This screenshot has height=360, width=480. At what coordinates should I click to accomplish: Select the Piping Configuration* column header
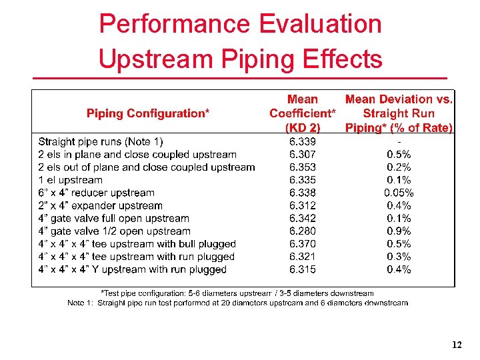pyautogui.click(x=148, y=113)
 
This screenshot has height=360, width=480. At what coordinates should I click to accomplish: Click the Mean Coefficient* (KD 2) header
pyautogui.click(x=302, y=113)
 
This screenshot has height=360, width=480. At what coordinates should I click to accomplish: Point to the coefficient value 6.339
pyautogui.click(x=303, y=141)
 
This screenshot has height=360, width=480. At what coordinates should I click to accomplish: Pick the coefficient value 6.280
pyautogui.click(x=303, y=231)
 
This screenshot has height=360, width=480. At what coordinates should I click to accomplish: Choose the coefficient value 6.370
pyautogui.click(x=303, y=244)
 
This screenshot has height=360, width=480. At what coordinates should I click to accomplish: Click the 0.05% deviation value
pyautogui.click(x=399, y=193)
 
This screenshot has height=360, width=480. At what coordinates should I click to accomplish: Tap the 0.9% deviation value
pyautogui.click(x=399, y=231)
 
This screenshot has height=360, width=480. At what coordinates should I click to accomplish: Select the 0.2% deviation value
pyautogui.click(x=399, y=167)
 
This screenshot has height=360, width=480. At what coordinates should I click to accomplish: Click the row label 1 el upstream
pyautogui.click(x=71, y=180)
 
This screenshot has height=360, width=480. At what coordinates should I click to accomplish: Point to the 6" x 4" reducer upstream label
pyautogui.click(x=97, y=193)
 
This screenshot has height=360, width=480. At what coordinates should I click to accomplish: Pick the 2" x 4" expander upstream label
pyautogui.click(x=101, y=205)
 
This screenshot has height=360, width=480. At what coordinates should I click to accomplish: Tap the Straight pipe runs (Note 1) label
pyautogui.click(x=101, y=141)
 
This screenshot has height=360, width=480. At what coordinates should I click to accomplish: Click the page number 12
pyautogui.click(x=457, y=345)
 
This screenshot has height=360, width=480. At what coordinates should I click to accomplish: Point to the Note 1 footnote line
pyautogui.click(x=238, y=303)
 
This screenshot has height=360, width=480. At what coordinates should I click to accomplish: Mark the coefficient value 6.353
pyautogui.click(x=303, y=167)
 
